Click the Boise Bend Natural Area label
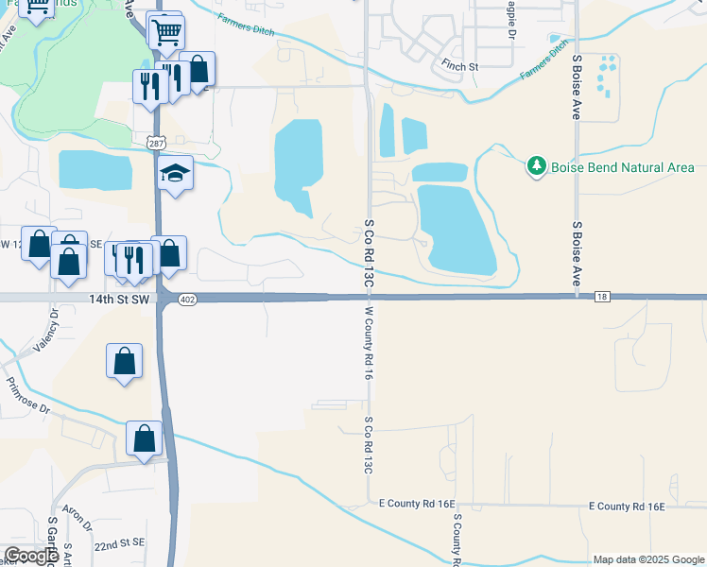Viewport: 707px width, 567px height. (624, 167)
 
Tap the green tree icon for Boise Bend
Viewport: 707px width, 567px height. (537, 166)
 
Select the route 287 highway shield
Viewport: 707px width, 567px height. (156, 142)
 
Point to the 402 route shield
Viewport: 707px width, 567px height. (187, 300)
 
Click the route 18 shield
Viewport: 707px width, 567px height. (602, 298)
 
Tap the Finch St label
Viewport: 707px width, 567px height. (460, 66)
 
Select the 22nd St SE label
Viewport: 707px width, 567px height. (118, 544)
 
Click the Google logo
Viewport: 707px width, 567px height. (31, 556)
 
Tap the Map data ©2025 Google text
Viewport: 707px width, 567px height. (648, 559)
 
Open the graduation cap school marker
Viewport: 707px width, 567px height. (176, 174)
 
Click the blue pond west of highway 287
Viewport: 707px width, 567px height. (95, 170)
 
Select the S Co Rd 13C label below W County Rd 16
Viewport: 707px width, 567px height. (368, 444)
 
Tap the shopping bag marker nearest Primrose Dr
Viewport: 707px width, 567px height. (125, 361)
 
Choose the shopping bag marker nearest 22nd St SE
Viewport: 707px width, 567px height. (145, 438)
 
